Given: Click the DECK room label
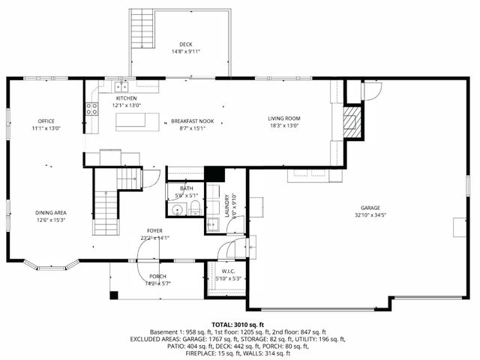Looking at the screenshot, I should [185, 44].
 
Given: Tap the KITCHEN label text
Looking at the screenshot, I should [126, 98].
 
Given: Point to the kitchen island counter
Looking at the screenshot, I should [139, 121].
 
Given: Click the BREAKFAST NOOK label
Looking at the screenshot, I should [192, 121].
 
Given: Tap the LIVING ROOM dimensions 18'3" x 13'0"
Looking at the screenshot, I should [284, 126].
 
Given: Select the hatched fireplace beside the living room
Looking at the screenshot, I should [352, 121].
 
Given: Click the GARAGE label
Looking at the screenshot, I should [370, 208].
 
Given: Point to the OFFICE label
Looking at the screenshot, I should [46, 121].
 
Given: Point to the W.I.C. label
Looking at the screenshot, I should [229, 271].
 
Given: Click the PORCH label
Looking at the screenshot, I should [157, 276].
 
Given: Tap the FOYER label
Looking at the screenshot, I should [154, 230].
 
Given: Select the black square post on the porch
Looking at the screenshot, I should [113, 295].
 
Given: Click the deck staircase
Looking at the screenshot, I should [141, 31].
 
